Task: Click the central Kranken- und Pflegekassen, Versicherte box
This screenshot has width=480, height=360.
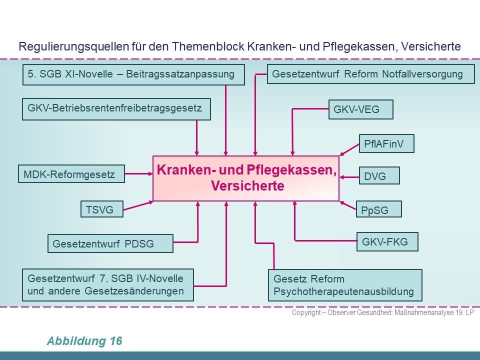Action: [246, 178]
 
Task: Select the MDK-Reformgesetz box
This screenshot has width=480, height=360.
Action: [71, 174]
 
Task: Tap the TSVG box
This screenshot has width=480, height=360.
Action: [102, 209]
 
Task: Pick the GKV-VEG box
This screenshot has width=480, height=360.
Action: [361, 109]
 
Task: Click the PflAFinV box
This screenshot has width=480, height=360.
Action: [386, 143]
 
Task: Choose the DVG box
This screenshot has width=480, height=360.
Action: [379, 175]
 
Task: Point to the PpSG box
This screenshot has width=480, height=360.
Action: [378, 209]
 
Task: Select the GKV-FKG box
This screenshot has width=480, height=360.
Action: [387, 242]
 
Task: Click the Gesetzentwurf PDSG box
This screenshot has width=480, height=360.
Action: [110, 243]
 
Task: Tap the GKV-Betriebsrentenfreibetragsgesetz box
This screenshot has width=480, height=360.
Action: [116, 109]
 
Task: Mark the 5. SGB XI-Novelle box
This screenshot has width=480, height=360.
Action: [133, 74]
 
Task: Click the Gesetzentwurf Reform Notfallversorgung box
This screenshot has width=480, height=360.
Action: [370, 74]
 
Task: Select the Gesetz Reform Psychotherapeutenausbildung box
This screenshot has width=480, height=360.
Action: [345, 285]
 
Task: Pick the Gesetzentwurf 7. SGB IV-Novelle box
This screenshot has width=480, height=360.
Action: [108, 285]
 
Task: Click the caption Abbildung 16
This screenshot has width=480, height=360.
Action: [84, 340]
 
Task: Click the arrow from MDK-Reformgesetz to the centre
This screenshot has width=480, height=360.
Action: [138, 174]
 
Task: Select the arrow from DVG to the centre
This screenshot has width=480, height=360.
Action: [349, 177]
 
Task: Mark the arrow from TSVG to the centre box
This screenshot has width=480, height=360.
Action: [138, 205]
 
